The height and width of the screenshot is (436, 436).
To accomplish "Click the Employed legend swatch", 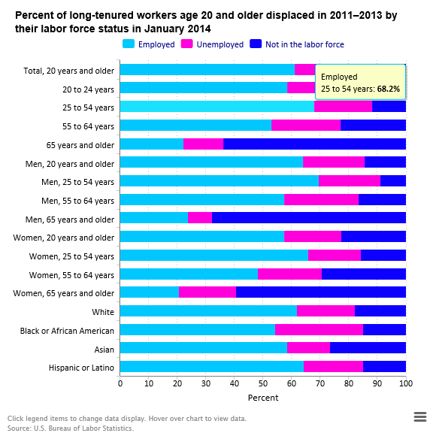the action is click(129, 44).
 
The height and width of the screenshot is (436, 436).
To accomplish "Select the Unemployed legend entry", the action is click(212, 44).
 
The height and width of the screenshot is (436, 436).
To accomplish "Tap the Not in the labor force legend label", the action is click(304, 44).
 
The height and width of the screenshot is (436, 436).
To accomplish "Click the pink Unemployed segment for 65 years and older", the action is click(203, 144).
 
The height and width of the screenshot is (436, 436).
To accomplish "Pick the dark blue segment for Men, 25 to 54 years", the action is click(393, 180).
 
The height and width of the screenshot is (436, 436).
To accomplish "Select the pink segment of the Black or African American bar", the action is click(319, 329).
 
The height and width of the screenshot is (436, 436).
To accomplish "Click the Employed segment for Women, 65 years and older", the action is click(150, 292).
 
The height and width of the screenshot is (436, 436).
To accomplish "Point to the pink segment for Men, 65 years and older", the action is click(200, 218).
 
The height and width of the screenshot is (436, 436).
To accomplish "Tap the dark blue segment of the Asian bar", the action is click(368, 347).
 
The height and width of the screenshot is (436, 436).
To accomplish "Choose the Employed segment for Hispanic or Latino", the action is click(212, 367).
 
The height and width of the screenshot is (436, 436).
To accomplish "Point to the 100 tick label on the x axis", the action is click(406, 383).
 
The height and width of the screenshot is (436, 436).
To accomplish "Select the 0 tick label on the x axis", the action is click(120, 383).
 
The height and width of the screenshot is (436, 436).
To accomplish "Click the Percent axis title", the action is click(263, 398).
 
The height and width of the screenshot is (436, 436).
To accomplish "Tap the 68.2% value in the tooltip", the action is click(389, 89).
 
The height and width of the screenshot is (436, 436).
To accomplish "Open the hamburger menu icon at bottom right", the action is click(420, 416).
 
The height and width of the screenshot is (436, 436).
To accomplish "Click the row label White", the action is click(103, 312).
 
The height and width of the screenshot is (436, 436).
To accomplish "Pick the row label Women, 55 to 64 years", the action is click(71, 275).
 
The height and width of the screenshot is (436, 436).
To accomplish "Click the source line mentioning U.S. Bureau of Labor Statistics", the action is click(71, 428).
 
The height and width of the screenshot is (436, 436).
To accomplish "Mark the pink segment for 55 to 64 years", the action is click(306, 125).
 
